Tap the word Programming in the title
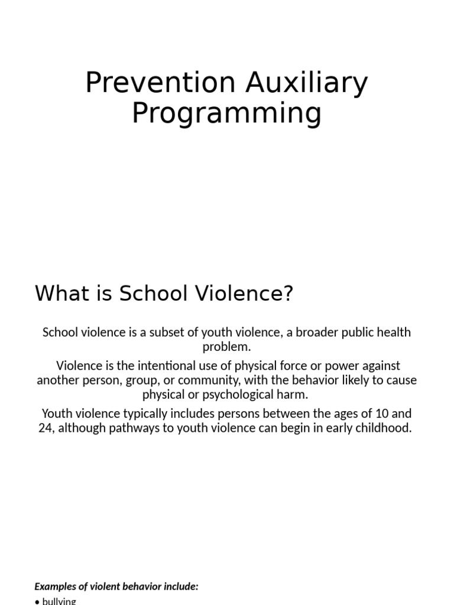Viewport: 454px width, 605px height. coord(226,113)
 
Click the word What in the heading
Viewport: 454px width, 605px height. coord(58,294)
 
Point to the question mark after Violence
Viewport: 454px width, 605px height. coord(288,294)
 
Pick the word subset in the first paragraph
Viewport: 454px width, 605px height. coord(170,332)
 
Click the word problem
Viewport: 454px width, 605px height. coord(226,347)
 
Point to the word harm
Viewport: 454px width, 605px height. coord(295,395)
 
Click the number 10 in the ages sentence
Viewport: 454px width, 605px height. coord(371,414)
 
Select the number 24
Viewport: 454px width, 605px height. coord(46,428)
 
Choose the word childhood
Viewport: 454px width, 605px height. coord(386,428)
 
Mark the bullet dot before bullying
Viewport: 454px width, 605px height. coord(37,601)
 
